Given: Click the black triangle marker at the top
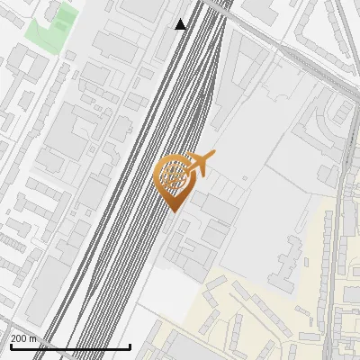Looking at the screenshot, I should [x=181, y=24].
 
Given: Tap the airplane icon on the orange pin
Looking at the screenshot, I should [x=200, y=163].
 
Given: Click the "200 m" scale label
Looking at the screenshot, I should [x=23, y=338].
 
